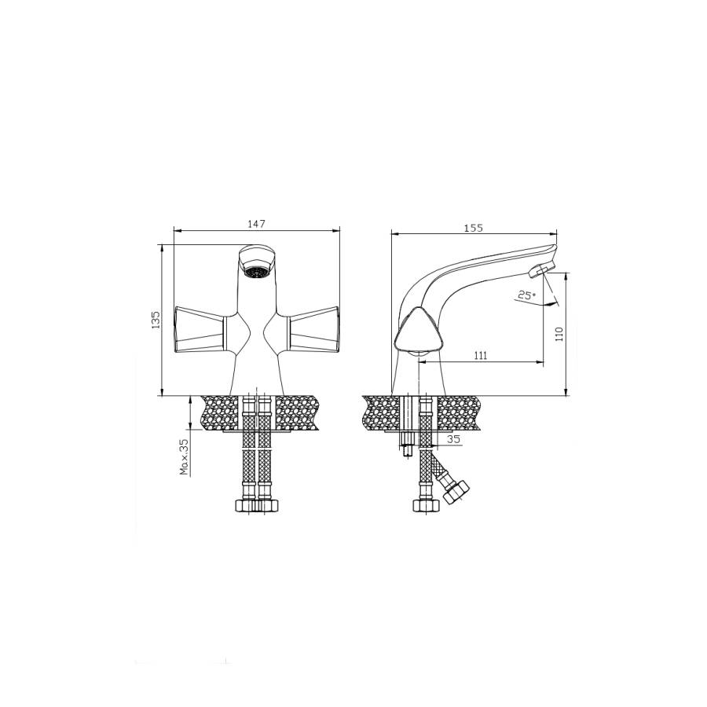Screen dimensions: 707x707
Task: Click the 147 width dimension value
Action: (x=257, y=224)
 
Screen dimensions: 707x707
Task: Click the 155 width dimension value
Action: (x=474, y=228)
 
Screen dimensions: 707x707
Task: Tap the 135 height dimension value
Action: (x=156, y=320)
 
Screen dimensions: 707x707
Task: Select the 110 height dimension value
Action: (x=559, y=334)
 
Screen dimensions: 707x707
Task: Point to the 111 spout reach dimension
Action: (x=481, y=356)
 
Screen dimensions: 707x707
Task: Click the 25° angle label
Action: (x=526, y=296)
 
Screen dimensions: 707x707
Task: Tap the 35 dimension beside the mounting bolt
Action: (x=455, y=438)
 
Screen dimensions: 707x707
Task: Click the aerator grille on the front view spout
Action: (x=257, y=272)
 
